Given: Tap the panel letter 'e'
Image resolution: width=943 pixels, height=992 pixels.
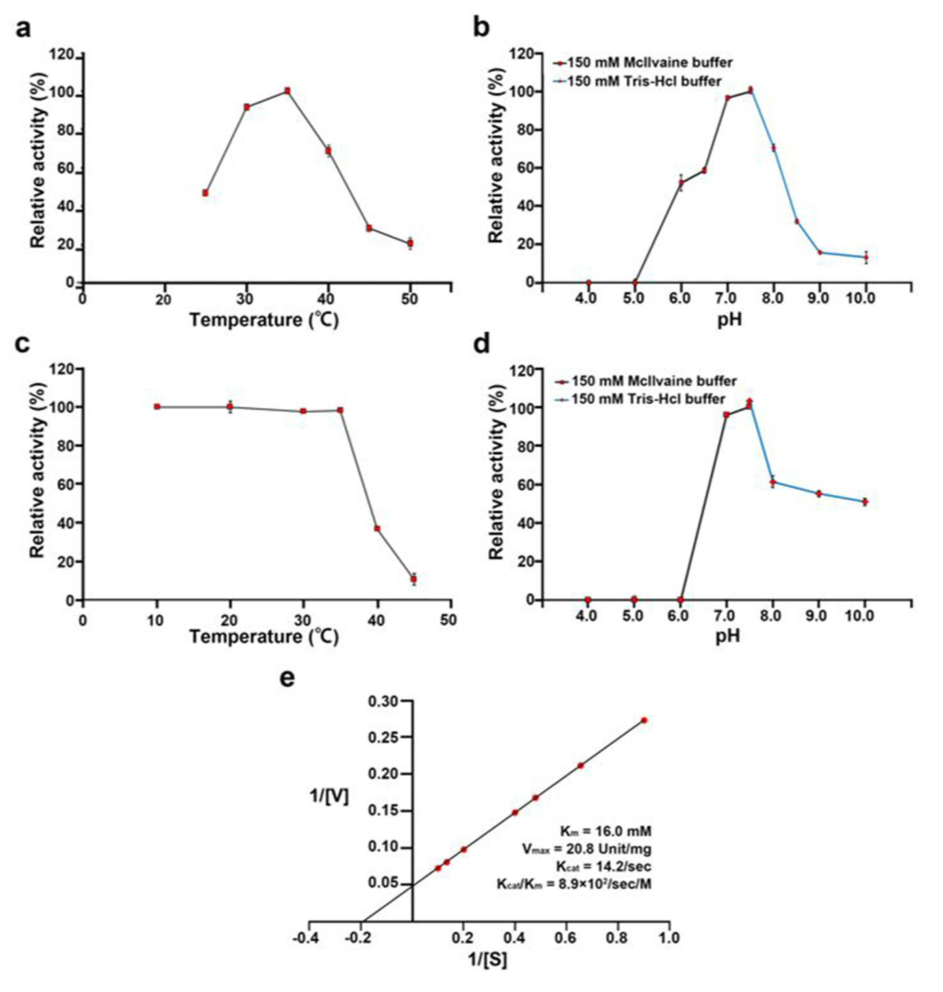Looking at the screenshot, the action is click(x=288, y=679).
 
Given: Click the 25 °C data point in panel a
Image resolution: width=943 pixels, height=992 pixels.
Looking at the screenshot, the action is click(x=205, y=193).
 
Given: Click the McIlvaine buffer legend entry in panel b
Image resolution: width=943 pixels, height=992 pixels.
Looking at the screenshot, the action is click(x=643, y=63).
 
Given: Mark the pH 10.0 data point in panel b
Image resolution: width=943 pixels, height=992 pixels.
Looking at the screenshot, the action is click(x=866, y=257).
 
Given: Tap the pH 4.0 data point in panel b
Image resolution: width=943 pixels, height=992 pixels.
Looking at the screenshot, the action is click(x=589, y=283).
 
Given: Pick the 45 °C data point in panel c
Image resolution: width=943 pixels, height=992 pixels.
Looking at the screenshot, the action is click(x=414, y=579).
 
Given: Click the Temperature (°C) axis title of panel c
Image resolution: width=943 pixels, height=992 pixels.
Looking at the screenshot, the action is click(x=264, y=637).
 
